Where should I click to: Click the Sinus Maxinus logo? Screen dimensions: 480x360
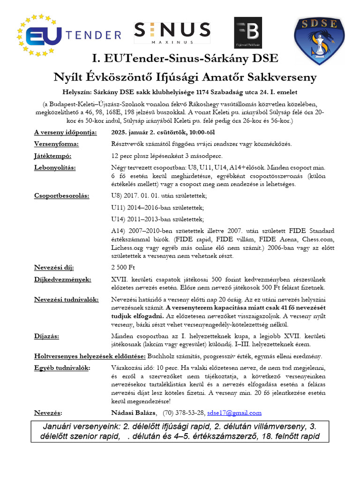point(172,32)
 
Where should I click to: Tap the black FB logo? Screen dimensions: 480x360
point(248,33)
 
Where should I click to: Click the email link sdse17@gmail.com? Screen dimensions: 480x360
point(234,413)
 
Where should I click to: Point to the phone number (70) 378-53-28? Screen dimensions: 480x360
point(183,413)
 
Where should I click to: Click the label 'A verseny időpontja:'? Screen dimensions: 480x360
point(66,132)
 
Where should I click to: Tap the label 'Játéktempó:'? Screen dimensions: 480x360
point(53,156)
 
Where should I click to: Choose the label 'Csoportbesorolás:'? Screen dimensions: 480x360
point(61,196)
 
